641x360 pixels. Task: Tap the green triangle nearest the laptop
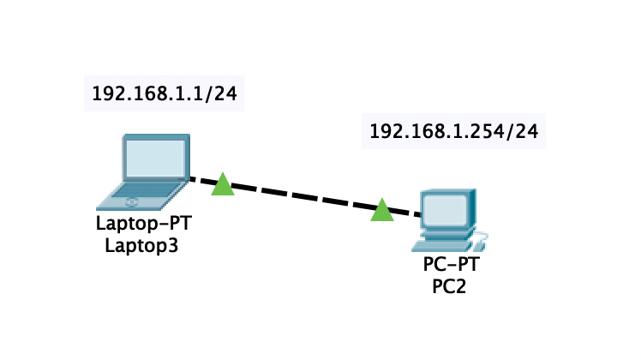click(x=223, y=184)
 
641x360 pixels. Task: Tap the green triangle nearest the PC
click(x=381, y=210)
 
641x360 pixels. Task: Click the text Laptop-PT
click(x=144, y=226)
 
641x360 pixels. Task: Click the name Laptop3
click(x=144, y=246)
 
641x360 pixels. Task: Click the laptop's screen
click(x=156, y=158)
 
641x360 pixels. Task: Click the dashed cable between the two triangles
click(x=302, y=197)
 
